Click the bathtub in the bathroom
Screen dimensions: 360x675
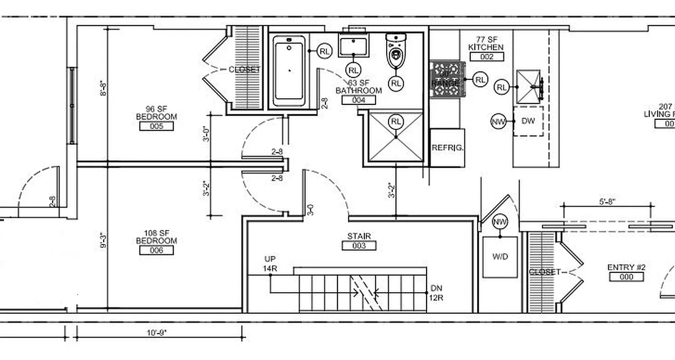coord(289,71)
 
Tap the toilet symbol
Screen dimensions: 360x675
coord(396,51)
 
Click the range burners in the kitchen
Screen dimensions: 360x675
coord(447,79)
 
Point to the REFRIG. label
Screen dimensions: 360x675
coord(447,148)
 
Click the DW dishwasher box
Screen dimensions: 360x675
coord(528,121)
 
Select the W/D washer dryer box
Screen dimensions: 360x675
coord(500,257)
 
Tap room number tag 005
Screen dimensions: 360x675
coord(156,126)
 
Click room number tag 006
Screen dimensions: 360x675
coord(156,251)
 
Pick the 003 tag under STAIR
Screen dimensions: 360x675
coord(359,246)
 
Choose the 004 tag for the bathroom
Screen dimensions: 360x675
coord(359,100)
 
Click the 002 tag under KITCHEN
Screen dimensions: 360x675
coord(486,57)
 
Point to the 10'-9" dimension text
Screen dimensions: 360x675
coord(156,333)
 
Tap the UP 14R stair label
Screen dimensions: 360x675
coord(270,264)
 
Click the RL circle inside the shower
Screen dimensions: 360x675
coord(396,121)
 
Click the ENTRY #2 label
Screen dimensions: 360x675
coord(626,267)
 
